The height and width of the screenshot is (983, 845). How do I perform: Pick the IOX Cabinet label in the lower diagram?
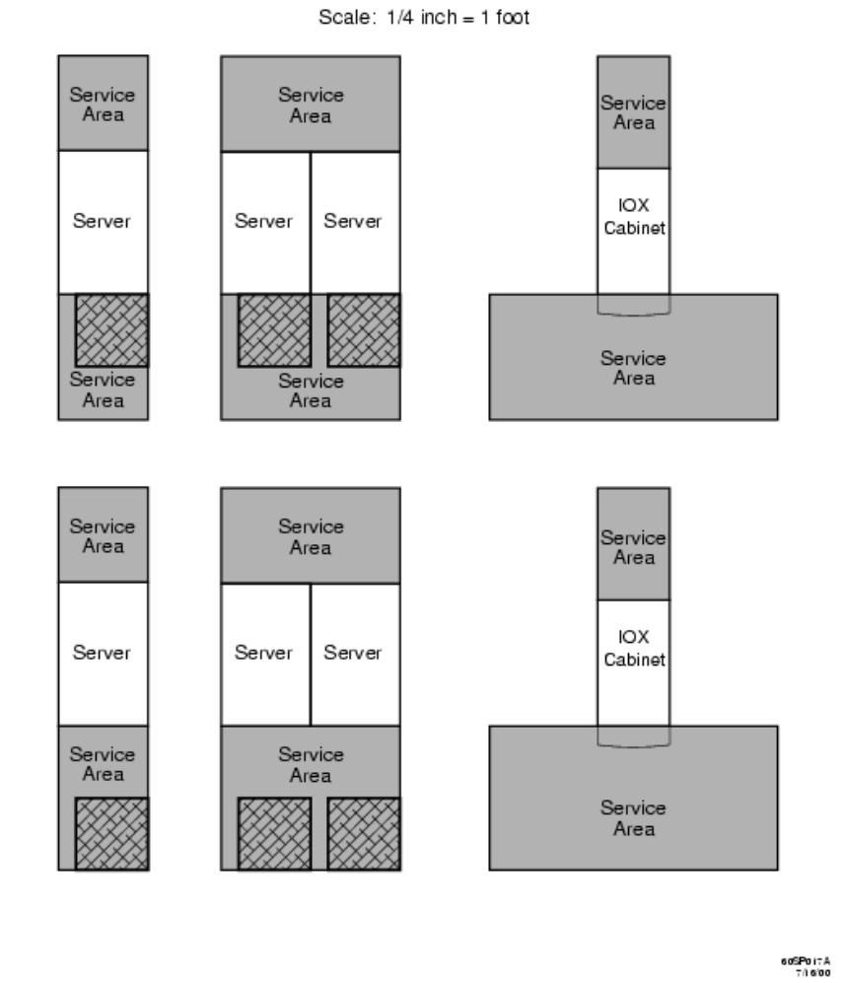tap(633, 650)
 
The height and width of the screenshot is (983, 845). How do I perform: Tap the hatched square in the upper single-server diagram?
tap(112, 330)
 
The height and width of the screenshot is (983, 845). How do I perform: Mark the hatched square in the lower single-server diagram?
tap(112, 833)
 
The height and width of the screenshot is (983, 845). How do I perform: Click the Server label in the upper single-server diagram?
tap(103, 222)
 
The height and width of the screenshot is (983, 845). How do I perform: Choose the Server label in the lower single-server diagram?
tap(103, 653)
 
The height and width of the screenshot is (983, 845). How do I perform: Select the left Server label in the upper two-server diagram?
tap(264, 222)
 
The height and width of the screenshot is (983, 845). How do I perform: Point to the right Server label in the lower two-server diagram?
tap(353, 653)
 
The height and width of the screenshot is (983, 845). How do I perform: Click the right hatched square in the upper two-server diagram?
tap(364, 330)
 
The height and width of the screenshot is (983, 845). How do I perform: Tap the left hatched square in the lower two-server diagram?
tap(274, 833)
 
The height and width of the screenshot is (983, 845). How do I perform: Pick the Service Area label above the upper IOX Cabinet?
tap(633, 112)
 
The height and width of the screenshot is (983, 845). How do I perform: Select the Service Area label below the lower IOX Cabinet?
tap(633, 818)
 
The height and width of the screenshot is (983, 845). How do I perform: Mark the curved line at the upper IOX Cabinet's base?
tap(633, 315)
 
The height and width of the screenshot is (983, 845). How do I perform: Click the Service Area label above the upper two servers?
tap(311, 105)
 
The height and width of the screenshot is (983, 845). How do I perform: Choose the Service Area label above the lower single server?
tap(103, 535)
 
